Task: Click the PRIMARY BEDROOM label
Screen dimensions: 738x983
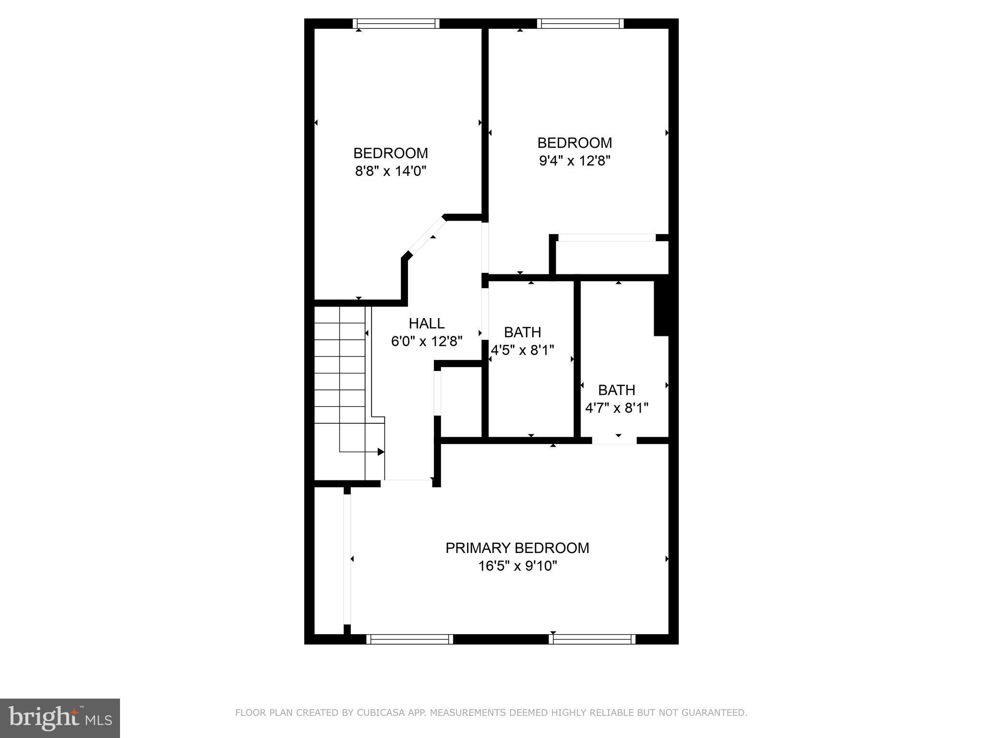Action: (x=517, y=548)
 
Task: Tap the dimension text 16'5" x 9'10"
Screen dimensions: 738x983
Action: (x=517, y=566)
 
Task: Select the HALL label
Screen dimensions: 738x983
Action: (x=426, y=323)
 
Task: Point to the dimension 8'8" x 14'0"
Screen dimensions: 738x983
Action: (x=390, y=171)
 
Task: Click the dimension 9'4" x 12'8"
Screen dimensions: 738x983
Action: (x=574, y=160)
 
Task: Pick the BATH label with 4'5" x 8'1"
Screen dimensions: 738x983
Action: (x=522, y=332)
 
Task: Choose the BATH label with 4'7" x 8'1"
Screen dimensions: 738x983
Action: (x=616, y=390)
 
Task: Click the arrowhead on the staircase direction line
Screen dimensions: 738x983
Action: (x=381, y=452)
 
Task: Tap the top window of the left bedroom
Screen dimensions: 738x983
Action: (x=396, y=24)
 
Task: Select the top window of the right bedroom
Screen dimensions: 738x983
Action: (x=580, y=24)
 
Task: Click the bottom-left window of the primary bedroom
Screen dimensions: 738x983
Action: (x=409, y=639)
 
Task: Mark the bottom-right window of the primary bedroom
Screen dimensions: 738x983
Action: (x=592, y=639)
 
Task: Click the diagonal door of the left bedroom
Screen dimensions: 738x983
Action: (x=426, y=236)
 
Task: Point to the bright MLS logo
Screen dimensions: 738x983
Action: (x=60, y=718)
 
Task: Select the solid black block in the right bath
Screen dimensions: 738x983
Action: (x=661, y=307)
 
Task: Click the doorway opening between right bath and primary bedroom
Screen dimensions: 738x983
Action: (x=614, y=440)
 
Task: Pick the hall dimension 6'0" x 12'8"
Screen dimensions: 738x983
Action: (x=426, y=342)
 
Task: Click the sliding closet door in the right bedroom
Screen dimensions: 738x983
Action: (x=606, y=238)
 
